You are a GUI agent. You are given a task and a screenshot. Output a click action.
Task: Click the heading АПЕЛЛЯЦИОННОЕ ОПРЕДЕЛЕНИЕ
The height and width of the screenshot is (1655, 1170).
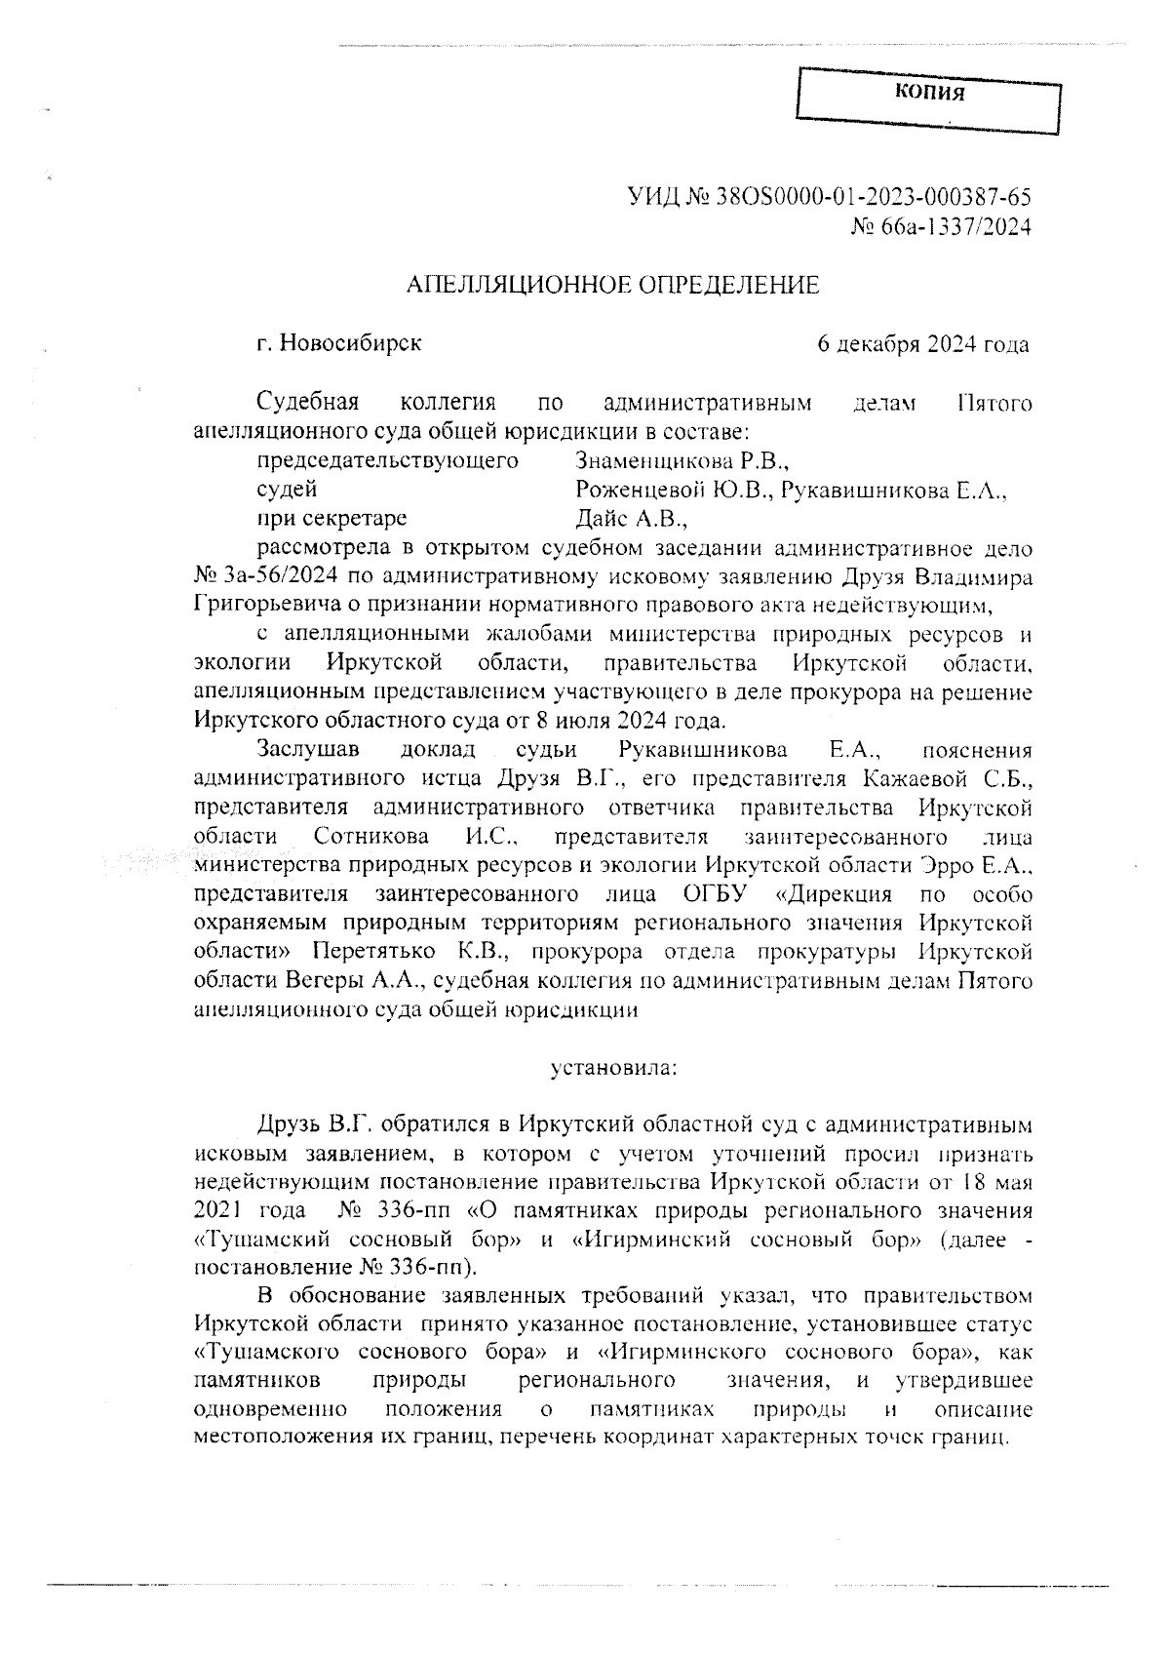coord(612,285)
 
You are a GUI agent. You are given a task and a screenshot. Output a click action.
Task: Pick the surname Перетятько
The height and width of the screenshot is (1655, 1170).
coord(375,951)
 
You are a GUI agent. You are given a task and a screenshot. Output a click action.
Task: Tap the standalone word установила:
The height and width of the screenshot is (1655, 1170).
coord(613,1067)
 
